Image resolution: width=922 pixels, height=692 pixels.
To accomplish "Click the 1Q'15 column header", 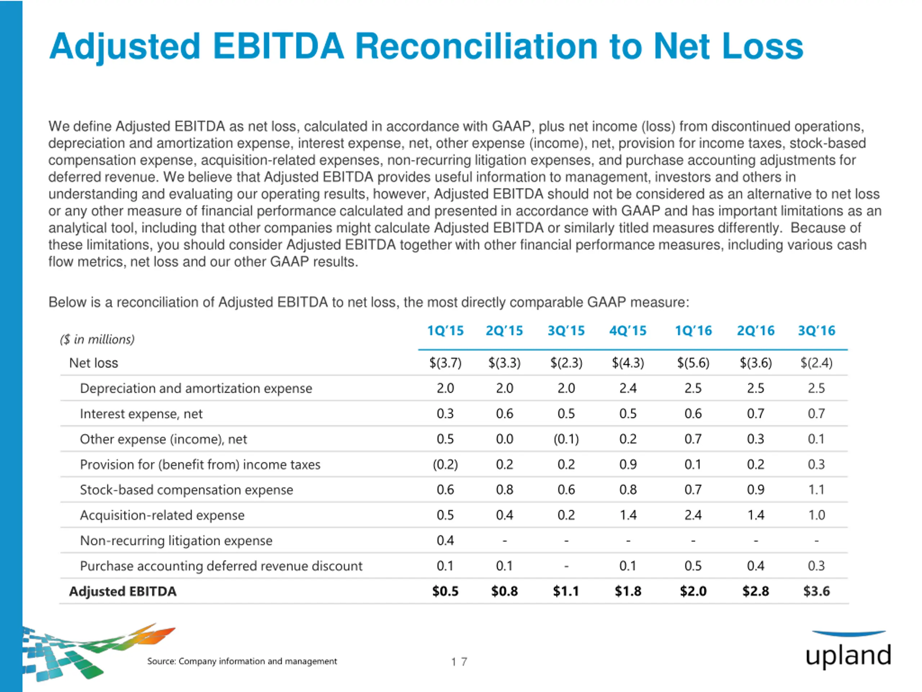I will click(445, 331).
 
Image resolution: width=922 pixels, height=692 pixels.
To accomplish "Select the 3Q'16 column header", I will click(816, 331).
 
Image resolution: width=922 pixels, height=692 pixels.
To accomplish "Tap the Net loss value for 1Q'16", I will click(693, 363).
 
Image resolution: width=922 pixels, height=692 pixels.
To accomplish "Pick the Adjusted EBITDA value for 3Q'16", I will click(816, 591).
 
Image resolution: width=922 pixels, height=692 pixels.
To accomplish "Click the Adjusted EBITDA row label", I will click(122, 591).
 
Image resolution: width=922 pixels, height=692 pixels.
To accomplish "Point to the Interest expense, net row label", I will click(141, 414).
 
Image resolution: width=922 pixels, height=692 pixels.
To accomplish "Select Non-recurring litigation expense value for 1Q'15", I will click(445, 541).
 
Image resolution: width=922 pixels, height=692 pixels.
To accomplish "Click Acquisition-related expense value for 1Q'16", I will click(693, 515).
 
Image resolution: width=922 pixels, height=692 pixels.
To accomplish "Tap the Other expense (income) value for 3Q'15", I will click(566, 439).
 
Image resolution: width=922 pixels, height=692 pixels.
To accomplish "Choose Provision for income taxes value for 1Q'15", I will click(445, 465).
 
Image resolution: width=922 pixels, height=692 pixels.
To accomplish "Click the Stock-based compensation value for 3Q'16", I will click(816, 490).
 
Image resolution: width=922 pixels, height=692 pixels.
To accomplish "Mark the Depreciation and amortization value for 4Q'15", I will click(628, 388).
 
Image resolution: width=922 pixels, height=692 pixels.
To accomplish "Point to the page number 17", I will click(459, 662).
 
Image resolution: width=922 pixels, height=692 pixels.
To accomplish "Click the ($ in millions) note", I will click(97, 340).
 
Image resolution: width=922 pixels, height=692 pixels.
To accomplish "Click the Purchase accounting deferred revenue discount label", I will click(221, 566).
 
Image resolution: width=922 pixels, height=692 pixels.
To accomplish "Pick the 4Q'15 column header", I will click(628, 331).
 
